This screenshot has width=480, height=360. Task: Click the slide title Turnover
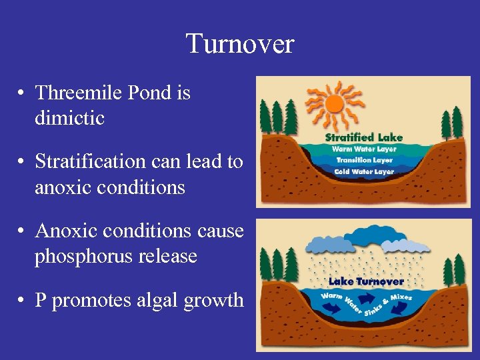[239, 44]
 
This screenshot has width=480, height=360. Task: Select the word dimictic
[69, 118]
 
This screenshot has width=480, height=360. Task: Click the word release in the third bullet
[173, 256]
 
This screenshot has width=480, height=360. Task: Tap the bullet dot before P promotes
[22, 301]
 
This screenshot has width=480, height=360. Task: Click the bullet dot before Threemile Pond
[22, 93]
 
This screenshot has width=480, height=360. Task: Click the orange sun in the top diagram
[333, 104]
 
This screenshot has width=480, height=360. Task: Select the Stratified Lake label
[364, 137]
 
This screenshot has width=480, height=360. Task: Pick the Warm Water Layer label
[364, 149]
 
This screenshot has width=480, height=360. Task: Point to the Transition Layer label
[364, 160]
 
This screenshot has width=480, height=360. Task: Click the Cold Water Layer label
[364, 171]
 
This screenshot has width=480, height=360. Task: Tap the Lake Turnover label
[365, 281]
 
